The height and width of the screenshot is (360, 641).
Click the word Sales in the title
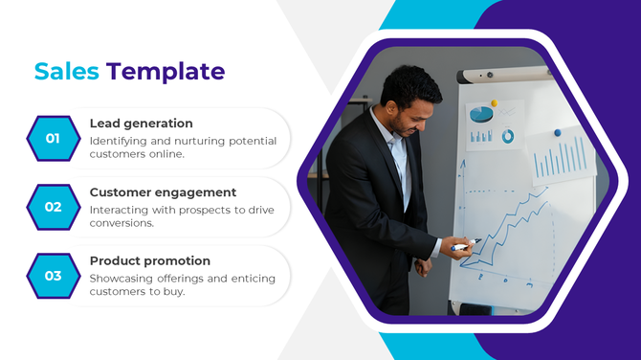pyautogui.click(x=67, y=72)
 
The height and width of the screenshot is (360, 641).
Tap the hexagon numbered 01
pyautogui.click(x=53, y=138)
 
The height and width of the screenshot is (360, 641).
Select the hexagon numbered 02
pyautogui.click(x=53, y=207)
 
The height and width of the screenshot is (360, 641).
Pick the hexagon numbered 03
pyautogui.click(x=53, y=276)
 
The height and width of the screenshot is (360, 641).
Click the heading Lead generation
pyautogui.click(x=141, y=124)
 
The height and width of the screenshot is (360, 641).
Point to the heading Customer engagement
pyautogui.click(x=163, y=192)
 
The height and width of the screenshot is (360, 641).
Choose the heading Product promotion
pyautogui.click(x=149, y=260)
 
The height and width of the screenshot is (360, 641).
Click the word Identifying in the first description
pyautogui.click(x=121, y=141)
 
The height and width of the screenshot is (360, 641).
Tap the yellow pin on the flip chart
pyautogui.click(x=495, y=102)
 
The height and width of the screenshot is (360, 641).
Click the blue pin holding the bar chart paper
pyautogui.click(x=557, y=133)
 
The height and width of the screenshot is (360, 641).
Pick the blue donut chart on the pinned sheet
pyautogui.click(x=507, y=137)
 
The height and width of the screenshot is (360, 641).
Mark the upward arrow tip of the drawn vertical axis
pyautogui.click(x=462, y=163)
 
